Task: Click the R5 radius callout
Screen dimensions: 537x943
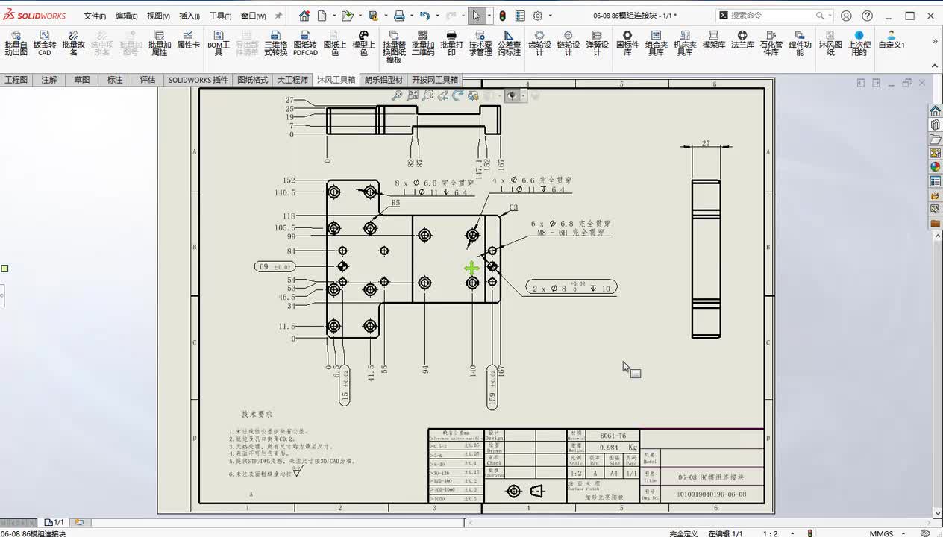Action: [395, 203]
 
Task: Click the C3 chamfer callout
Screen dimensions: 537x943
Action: [513, 208]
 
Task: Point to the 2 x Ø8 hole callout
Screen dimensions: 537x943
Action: [571, 288]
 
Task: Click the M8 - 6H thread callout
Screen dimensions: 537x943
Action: [571, 233]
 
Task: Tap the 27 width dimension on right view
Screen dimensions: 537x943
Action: [706, 144]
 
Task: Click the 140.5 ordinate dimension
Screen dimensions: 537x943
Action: [285, 192]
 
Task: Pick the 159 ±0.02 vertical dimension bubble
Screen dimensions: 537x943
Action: [492, 386]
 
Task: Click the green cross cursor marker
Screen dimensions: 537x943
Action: [471, 268]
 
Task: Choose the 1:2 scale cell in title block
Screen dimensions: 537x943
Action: [576, 473]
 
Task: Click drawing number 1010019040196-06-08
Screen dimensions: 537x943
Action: [710, 494]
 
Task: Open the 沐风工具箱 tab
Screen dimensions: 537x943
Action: [336, 80]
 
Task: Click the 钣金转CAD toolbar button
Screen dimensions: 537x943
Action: [45, 44]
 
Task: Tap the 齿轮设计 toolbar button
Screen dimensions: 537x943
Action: [539, 44]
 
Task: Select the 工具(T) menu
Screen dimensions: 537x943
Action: [220, 16]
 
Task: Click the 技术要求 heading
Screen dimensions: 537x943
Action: [257, 414]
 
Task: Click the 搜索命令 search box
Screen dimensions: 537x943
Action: [776, 16]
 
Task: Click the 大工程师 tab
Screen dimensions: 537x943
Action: [292, 80]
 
